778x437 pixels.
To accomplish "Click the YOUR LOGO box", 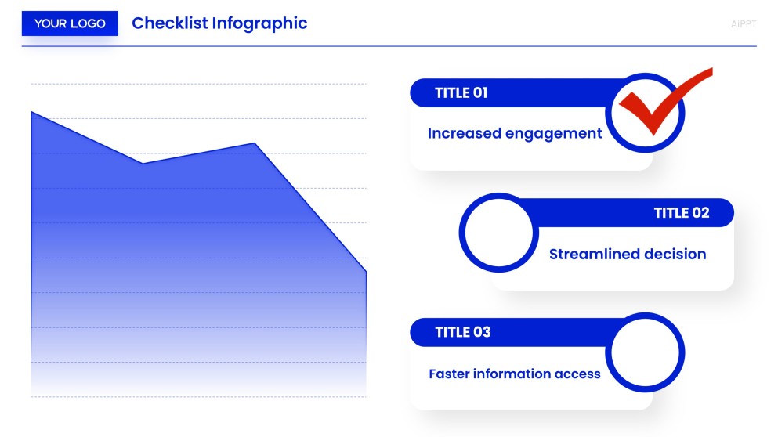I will (70, 23).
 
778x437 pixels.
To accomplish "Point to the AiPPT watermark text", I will (743, 24).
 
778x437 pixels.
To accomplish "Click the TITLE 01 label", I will (461, 92).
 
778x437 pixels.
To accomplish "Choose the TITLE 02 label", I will (681, 213).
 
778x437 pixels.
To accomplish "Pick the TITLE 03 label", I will (462, 332).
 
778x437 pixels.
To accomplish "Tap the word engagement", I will (553, 134).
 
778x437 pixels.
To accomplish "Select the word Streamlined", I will (594, 255).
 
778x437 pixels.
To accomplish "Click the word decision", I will (675, 255).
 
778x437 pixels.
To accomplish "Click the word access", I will (577, 374).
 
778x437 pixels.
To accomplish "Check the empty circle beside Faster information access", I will (645, 352).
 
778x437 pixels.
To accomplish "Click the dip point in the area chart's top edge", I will (143, 164).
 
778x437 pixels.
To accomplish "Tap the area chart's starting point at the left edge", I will (32, 113).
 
